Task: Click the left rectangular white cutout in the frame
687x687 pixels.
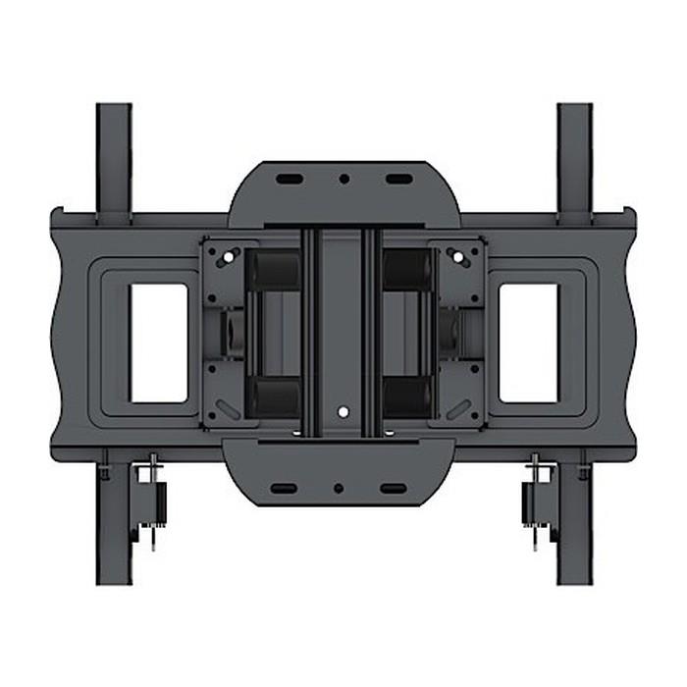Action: [x=158, y=343]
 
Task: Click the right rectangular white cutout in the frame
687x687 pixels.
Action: [x=528, y=343]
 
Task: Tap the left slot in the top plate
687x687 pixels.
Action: [x=289, y=180]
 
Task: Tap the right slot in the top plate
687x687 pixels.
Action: [x=396, y=180]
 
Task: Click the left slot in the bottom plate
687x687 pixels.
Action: [x=284, y=488]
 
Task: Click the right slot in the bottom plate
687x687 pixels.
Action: [x=393, y=488]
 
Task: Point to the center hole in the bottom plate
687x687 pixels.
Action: [x=338, y=488]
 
